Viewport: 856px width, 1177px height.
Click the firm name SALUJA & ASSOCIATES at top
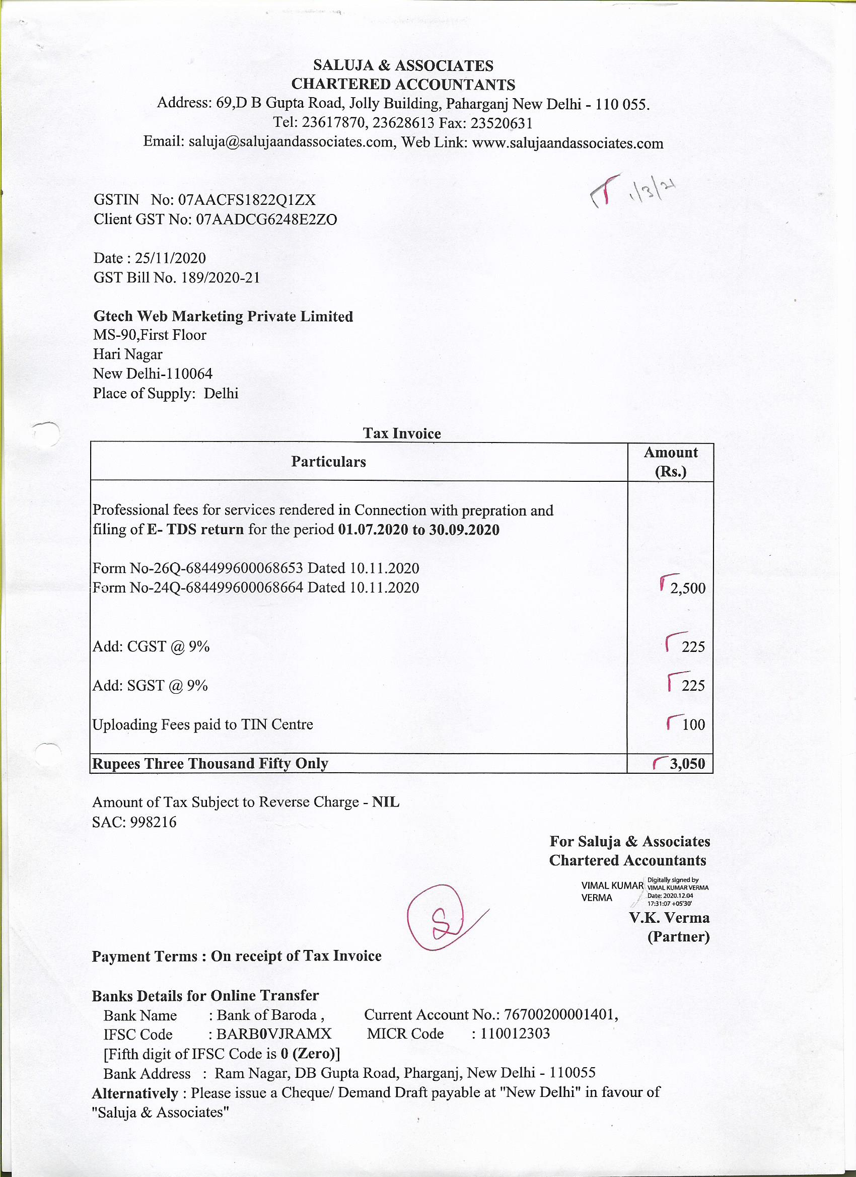coord(403,65)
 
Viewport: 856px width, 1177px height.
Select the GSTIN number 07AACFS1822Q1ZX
coord(247,200)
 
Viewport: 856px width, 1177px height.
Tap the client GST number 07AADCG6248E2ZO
coord(266,219)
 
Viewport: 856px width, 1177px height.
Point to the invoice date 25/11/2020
coord(170,258)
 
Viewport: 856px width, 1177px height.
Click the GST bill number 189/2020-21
coord(220,278)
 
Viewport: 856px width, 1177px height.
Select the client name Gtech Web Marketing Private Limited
coord(223,316)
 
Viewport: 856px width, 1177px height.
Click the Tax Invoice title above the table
coord(402,433)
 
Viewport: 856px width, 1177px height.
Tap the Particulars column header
coord(328,461)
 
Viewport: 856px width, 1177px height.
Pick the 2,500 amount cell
coord(687,588)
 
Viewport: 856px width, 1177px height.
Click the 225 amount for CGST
coord(693,646)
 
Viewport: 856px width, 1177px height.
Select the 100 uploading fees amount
coord(693,724)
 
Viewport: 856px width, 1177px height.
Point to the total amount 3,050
coord(687,763)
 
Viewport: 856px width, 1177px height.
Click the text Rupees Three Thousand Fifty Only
coord(210,763)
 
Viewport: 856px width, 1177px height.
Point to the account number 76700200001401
coord(559,1014)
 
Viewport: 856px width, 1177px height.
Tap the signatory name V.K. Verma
coord(669,918)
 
